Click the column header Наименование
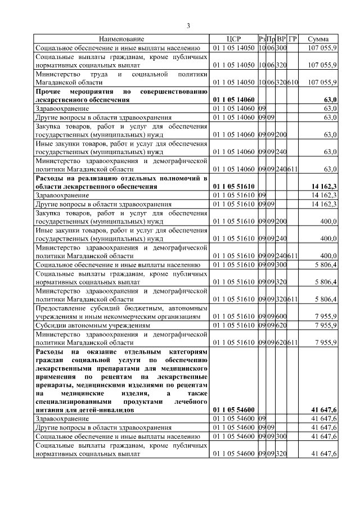pyautogui.click(x=121, y=39)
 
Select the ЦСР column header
pyautogui.click(x=233, y=39)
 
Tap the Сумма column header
pyautogui.click(x=318, y=39)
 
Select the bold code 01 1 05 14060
pyautogui.click(x=233, y=100)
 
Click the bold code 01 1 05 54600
pyautogui.click(x=233, y=409)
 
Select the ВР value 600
pyautogui.click(x=281, y=317)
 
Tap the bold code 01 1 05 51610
pyautogui.click(x=233, y=186)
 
